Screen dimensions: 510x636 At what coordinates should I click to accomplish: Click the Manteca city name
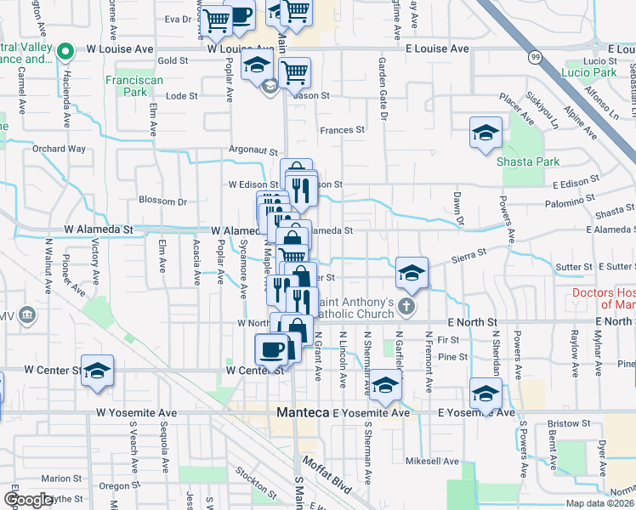coord(303,412)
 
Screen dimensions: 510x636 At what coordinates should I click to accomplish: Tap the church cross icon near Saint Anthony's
coord(406,307)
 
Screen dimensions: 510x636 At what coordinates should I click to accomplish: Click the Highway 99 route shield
coord(535,57)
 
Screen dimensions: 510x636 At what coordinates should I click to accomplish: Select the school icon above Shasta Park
coord(486,133)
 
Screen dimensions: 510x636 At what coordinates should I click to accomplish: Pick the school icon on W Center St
coord(98,371)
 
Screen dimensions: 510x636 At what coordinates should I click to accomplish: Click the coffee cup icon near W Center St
coord(272,348)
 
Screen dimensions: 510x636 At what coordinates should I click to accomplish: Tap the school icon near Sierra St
coord(412,272)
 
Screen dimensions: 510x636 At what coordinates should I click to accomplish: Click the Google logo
coord(28,500)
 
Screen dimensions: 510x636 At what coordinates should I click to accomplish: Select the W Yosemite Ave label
coord(136,412)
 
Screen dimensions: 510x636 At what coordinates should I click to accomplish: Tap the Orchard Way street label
coord(60,149)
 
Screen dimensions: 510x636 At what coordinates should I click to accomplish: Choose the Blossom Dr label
coord(162,201)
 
